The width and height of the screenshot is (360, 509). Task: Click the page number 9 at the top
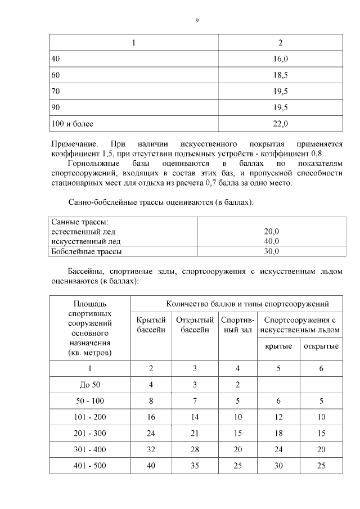click(x=197, y=20)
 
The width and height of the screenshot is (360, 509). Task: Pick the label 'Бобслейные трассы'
click(x=86, y=251)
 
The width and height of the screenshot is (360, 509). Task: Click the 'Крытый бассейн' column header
click(x=151, y=324)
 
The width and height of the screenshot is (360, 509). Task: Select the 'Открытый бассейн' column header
click(x=195, y=324)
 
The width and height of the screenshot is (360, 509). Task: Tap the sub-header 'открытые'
click(x=321, y=346)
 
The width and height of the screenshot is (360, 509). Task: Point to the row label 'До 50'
click(x=89, y=385)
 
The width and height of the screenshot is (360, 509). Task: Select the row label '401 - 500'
click(x=89, y=466)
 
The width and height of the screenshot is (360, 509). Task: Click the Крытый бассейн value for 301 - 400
click(x=151, y=450)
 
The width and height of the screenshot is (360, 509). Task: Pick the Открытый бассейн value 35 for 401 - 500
click(x=195, y=466)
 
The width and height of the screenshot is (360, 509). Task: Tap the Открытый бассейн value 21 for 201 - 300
click(x=195, y=434)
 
